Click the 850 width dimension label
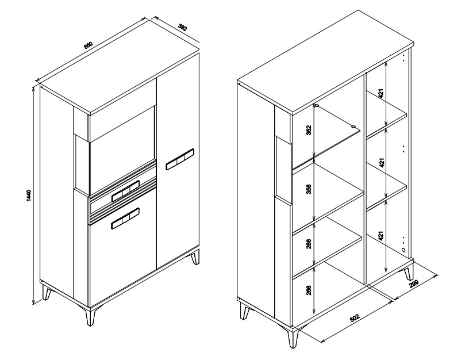click(89, 45)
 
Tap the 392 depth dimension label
click(183, 27)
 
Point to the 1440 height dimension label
click(29, 196)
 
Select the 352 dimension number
click(309, 130)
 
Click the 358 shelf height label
click(309, 189)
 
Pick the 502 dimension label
click(355, 317)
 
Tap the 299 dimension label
click(414, 284)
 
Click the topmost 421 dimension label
click(382, 94)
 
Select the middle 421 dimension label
click(382, 162)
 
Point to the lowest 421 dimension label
click(382, 236)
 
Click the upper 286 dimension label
click(309, 244)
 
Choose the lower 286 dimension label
click(309, 290)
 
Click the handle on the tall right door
click(180, 159)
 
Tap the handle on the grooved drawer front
click(126, 190)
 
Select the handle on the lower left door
click(125, 219)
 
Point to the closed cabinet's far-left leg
click(47, 292)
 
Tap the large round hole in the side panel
click(403, 250)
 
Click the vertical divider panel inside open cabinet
click(365, 178)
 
